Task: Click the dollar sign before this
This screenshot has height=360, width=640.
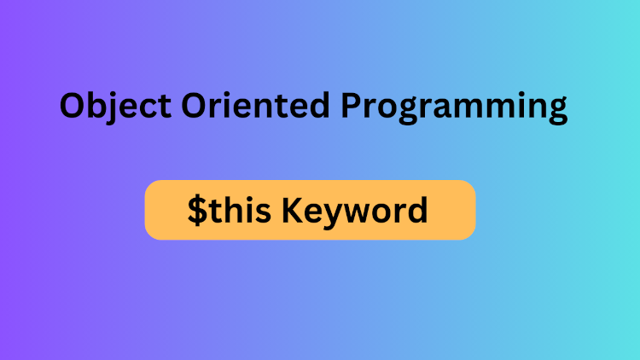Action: pyautogui.click(x=197, y=210)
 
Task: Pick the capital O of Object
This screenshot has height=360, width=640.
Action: pyautogui.click(x=73, y=106)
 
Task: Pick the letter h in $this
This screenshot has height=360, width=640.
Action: pyautogui.click(x=228, y=209)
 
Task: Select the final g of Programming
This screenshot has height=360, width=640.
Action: pyautogui.click(x=556, y=112)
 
